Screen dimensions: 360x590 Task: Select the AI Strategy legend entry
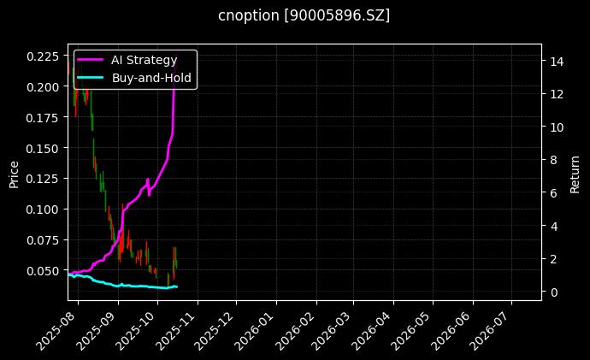pos(144,61)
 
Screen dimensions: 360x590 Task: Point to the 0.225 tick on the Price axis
pos(44,56)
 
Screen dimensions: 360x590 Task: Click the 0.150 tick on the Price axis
pos(44,148)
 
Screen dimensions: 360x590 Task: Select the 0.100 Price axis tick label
pos(44,210)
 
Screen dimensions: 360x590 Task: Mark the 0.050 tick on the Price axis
pos(44,270)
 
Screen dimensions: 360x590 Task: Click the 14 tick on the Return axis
pos(555,62)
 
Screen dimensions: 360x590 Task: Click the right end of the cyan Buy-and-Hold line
pos(177,286)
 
